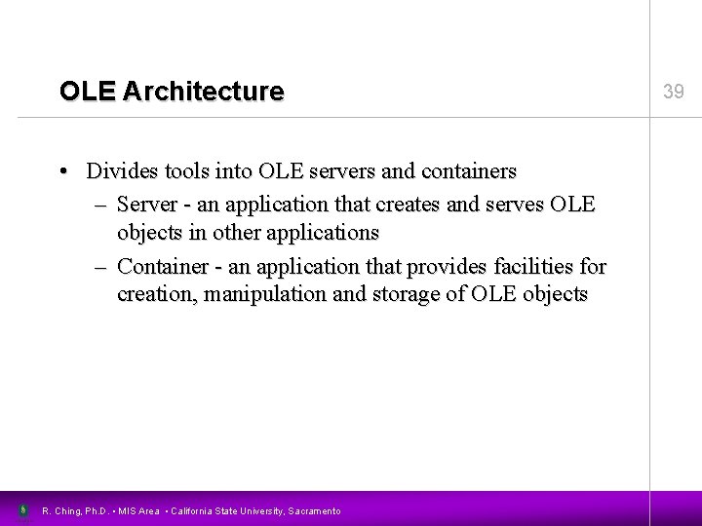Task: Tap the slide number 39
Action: tap(674, 93)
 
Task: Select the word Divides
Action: tap(121, 171)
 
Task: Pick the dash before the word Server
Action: tap(101, 205)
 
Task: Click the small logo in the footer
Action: tap(21, 509)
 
